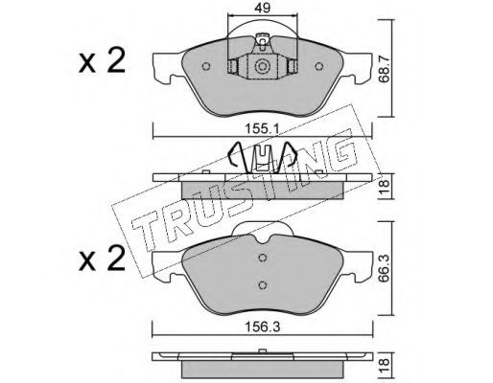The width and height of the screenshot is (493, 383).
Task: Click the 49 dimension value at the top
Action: pyautogui.click(x=262, y=8)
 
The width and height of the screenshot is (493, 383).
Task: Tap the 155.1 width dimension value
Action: pyautogui.click(x=262, y=129)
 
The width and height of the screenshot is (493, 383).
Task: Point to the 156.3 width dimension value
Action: pyautogui.click(x=262, y=327)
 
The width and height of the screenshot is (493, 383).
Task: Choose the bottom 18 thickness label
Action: pyautogui.click(x=383, y=362)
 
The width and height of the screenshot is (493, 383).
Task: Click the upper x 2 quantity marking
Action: pyautogui.click(x=102, y=61)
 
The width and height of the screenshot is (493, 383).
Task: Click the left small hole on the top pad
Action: pyautogui.click(x=206, y=66)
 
